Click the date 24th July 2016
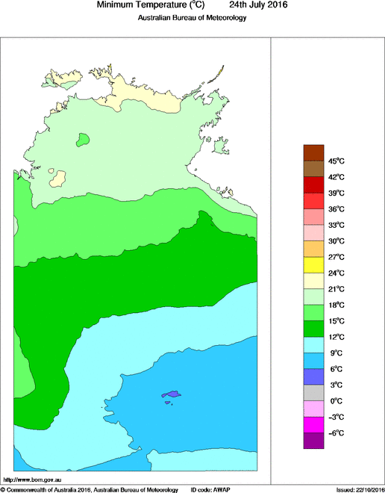coord(258,4)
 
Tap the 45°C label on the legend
coord(336,161)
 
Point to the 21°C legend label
coord(336,289)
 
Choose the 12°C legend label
coord(336,337)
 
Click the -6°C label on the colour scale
coord(336,433)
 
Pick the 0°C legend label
coord(336,401)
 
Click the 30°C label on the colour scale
coord(336,241)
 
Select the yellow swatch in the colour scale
coord(313,264)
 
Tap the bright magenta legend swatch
coord(313,424)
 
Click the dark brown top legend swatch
coord(313,152)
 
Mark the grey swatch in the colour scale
coord(313,393)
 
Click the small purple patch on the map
coord(172,394)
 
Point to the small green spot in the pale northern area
coord(83,139)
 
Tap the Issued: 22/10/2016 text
coord(360,489)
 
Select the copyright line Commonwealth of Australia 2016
coord(90,489)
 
